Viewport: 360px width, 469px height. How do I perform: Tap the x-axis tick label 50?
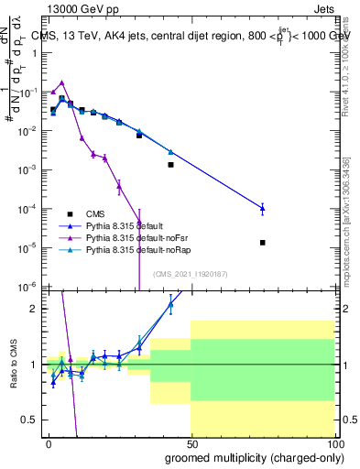tap(191, 442)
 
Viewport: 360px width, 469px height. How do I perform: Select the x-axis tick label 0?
tap(49, 442)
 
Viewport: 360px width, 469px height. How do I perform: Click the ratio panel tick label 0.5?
tap(29, 420)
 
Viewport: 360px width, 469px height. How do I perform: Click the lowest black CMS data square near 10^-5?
tap(263, 243)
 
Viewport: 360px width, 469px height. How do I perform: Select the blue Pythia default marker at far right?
tap(263, 209)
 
